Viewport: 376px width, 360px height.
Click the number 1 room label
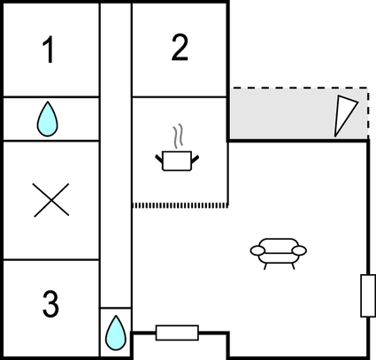[x=49, y=50]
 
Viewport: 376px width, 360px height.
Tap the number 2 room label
[x=180, y=48]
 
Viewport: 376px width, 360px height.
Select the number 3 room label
[x=50, y=304]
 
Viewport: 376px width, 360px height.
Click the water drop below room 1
[x=47, y=119]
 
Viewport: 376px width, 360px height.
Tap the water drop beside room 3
[x=116, y=333]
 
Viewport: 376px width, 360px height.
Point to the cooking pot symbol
[x=177, y=161]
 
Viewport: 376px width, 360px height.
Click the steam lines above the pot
[x=178, y=135]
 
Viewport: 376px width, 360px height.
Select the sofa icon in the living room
[x=279, y=254]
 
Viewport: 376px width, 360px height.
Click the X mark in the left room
[x=51, y=200]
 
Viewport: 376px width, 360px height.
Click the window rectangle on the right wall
[x=368, y=295]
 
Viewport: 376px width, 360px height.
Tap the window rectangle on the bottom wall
[x=177, y=333]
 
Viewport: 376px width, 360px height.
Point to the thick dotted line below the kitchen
[x=180, y=205]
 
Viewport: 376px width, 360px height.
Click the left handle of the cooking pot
[x=159, y=159]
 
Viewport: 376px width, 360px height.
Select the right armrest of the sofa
[x=299, y=250]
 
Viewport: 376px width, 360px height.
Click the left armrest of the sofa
[x=257, y=250]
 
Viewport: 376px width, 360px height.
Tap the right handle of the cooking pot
[x=195, y=159]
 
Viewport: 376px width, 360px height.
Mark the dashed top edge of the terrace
[x=298, y=88]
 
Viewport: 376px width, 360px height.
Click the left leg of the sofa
[x=265, y=266]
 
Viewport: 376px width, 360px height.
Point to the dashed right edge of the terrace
[x=367, y=113]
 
